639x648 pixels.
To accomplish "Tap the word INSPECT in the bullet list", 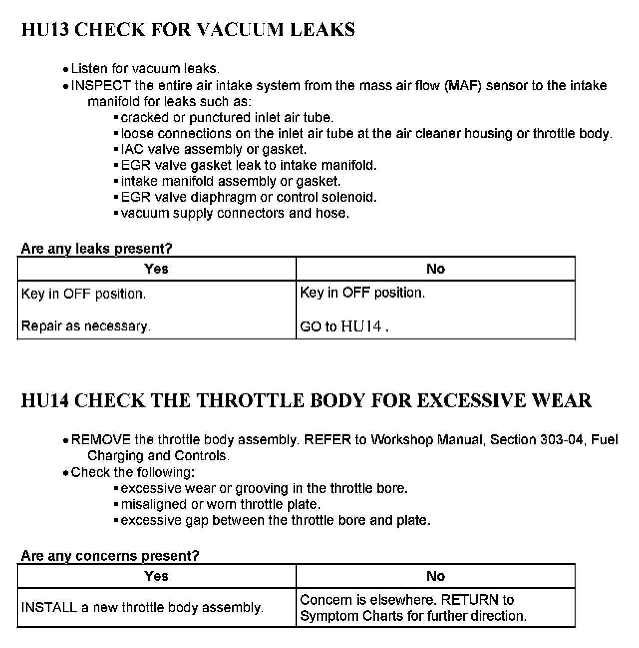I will click(x=101, y=85).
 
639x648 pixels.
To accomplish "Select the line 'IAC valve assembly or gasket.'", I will click(x=214, y=149).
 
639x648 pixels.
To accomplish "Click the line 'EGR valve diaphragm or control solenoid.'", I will click(x=249, y=197).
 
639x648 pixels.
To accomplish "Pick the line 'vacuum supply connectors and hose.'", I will click(x=235, y=213).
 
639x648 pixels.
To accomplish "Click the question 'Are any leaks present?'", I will click(x=97, y=248).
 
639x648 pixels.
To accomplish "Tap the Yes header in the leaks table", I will click(x=156, y=269).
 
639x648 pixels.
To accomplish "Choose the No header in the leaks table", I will click(x=435, y=269).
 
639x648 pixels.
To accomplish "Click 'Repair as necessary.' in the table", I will click(x=86, y=326).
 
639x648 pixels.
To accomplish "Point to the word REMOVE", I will click(x=101, y=440).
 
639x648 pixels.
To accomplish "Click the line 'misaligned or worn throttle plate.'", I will click(x=221, y=505).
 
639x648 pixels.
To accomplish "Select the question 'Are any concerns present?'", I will click(x=110, y=556).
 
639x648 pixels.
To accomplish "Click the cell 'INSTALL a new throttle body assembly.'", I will click(x=142, y=608).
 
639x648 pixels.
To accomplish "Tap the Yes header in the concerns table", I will click(x=156, y=577).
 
